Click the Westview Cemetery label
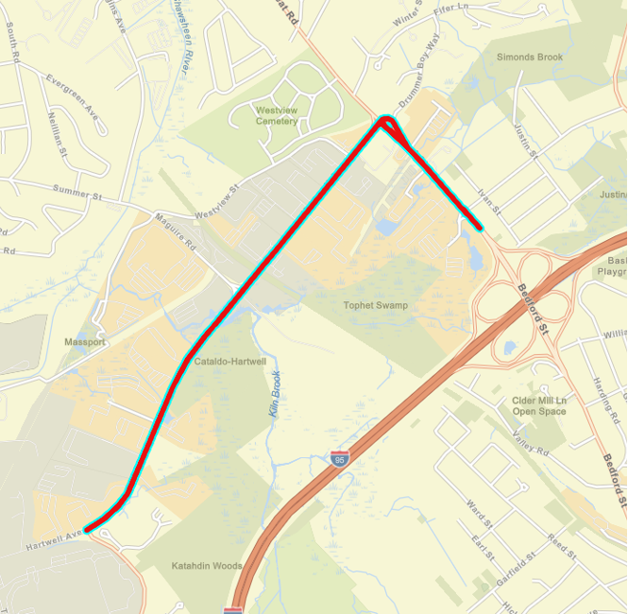(x=276, y=115)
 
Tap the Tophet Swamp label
(x=376, y=305)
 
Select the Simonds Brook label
(x=530, y=58)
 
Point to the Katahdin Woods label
(x=207, y=566)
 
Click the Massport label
(x=85, y=340)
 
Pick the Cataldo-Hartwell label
(x=229, y=362)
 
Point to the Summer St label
(x=76, y=195)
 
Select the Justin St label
(x=526, y=140)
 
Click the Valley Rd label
(x=529, y=445)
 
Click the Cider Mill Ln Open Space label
(x=539, y=405)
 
